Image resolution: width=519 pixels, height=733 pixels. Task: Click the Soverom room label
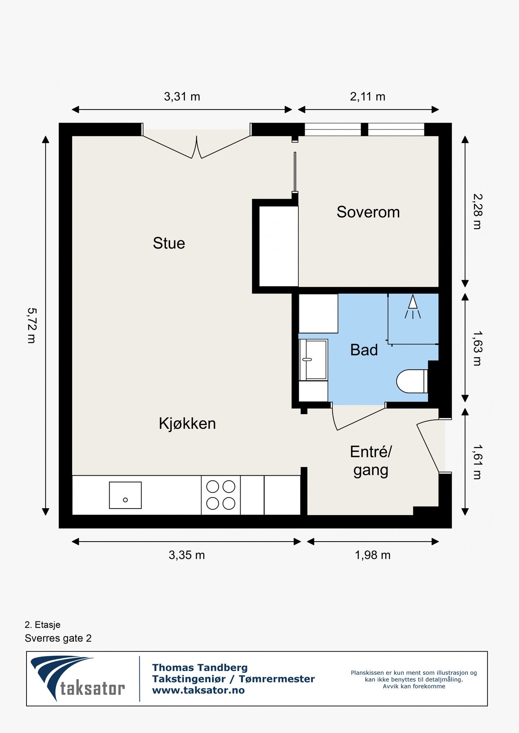pyautogui.click(x=368, y=212)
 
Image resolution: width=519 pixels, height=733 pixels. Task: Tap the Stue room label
pyautogui.click(x=169, y=243)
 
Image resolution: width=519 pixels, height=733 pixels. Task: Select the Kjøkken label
pyautogui.click(x=187, y=424)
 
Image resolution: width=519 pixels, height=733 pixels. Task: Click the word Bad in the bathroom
pyautogui.click(x=364, y=350)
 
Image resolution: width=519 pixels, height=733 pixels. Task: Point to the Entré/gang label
pyautogui.click(x=371, y=461)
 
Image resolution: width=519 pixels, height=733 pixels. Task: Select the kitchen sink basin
pyautogui.click(x=125, y=495)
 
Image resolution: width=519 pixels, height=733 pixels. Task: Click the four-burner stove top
pyautogui.click(x=221, y=495)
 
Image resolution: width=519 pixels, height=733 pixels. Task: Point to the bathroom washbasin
pyautogui.click(x=313, y=360)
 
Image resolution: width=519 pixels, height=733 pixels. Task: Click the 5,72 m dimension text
pyautogui.click(x=31, y=325)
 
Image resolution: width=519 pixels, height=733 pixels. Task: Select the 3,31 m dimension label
pyautogui.click(x=182, y=97)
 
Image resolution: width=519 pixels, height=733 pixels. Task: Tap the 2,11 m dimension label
pyautogui.click(x=367, y=97)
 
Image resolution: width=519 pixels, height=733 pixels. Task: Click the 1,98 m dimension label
pyautogui.click(x=372, y=555)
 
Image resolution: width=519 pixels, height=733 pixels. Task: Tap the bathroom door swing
pyautogui.click(x=355, y=417)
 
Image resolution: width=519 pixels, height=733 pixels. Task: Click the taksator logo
pyautogui.click(x=77, y=679)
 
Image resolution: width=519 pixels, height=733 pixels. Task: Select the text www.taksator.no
pyautogui.click(x=198, y=690)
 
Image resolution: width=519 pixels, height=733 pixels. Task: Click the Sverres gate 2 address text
pyautogui.click(x=58, y=638)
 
